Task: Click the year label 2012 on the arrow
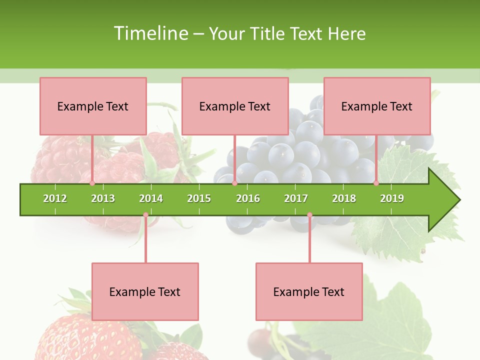point(55,198)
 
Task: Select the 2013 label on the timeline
point(103,198)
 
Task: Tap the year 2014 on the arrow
point(151,198)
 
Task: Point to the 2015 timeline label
point(199,198)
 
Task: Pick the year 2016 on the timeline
point(248,198)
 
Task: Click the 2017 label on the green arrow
point(296,198)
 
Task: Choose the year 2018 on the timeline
point(344,198)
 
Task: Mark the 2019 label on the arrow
point(392,198)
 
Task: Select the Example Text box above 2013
point(93,106)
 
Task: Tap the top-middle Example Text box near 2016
point(235,106)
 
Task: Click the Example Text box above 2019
point(377,106)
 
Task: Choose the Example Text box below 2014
point(145,292)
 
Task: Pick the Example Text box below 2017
point(309,292)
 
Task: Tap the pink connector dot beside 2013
point(92,183)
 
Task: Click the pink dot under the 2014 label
point(145,215)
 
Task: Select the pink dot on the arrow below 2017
point(309,215)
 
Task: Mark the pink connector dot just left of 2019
point(376,183)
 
